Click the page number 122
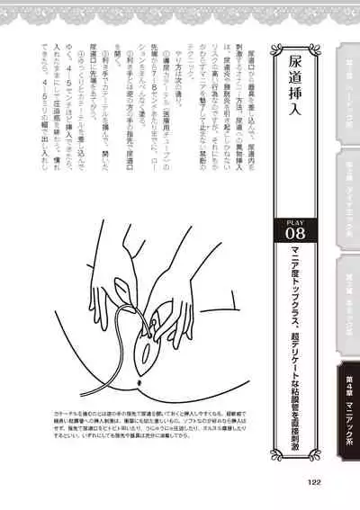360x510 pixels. (x=313, y=480)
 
